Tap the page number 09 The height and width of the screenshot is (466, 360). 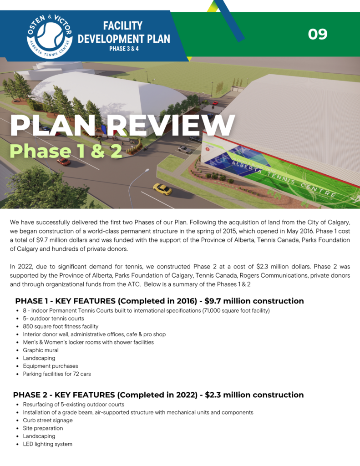tap(318, 34)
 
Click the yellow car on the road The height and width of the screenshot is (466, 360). tap(162, 188)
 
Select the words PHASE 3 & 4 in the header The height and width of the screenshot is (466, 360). tap(124, 48)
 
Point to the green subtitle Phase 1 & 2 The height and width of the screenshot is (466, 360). tap(66, 151)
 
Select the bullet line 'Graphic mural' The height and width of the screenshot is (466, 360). tap(41, 350)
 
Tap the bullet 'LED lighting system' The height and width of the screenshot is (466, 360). tap(47, 444)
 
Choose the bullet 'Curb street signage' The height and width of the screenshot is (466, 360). tap(48, 420)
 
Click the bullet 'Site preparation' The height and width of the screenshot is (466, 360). tap(43, 428)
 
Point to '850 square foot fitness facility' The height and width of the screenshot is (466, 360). tap(61, 326)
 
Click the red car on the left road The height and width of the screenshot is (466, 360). tap(64, 161)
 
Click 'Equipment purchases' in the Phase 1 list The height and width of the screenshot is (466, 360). tap(51, 366)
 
